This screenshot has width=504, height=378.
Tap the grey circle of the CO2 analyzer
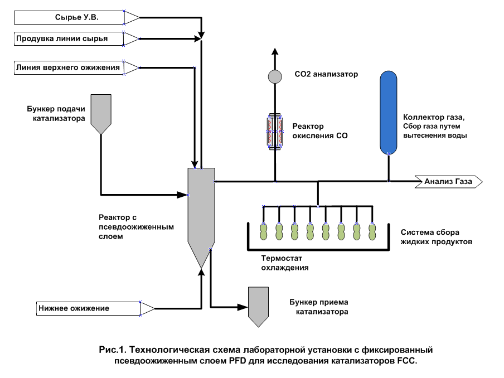coord(275,77)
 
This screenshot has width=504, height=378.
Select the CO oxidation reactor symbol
coord(275,132)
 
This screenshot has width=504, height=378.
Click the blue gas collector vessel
coord(389,113)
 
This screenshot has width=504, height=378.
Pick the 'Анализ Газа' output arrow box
coord(449,182)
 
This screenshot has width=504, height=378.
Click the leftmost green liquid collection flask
coord(264,231)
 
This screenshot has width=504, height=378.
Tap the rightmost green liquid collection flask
coord(372,231)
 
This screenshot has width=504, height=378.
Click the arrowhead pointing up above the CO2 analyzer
coord(275,52)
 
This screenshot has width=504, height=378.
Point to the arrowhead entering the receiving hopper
coord(243,307)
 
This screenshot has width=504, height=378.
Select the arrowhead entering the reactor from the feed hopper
coord(182,195)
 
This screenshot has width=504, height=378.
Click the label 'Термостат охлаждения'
coord(285,263)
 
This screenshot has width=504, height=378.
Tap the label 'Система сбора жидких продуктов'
coord(437,237)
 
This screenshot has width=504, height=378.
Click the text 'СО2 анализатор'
coord(326,74)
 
